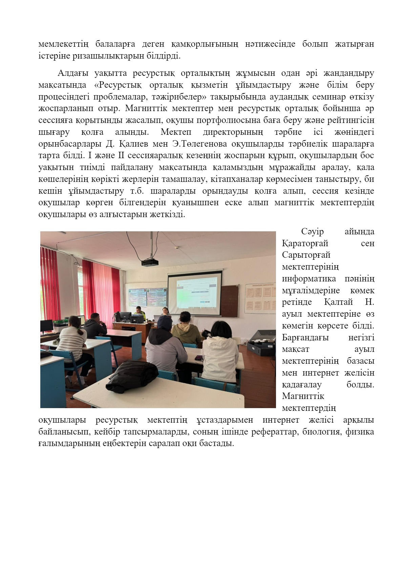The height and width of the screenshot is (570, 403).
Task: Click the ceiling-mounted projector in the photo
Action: click(150, 262)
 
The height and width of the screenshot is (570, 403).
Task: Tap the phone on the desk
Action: click(198, 358)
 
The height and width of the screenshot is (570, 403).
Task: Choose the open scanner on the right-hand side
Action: click(261, 342)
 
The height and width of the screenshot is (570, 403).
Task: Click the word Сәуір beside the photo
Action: click(312, 232)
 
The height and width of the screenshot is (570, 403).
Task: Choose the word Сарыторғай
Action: click(306, 255)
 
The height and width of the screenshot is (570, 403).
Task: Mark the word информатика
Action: click(309, 279)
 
